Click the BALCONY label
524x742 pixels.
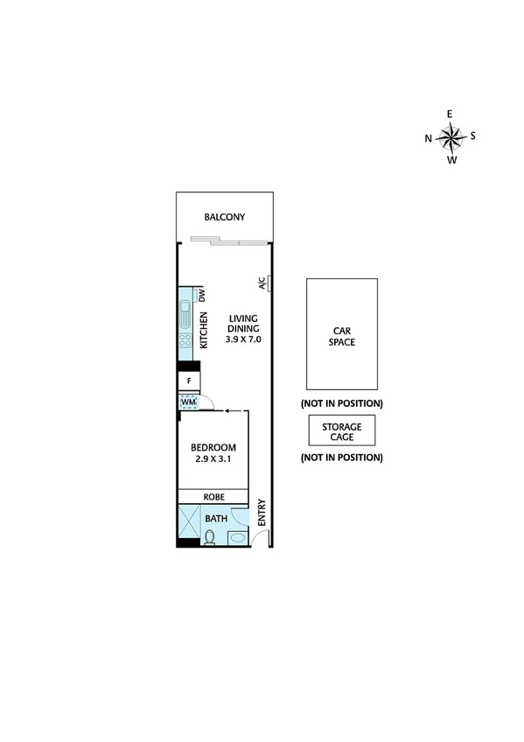224,218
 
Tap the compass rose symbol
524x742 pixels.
451,136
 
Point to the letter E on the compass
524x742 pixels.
451,114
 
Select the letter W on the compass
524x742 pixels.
451,160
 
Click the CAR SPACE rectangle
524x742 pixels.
341,333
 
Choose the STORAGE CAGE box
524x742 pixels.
341,430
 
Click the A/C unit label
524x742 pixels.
262,284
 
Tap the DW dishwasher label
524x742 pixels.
201,295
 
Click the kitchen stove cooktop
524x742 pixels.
186,341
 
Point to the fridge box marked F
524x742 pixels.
190,381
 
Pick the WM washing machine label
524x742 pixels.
189,402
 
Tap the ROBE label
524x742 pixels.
214,496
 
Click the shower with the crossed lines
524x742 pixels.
188,527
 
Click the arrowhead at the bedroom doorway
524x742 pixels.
226,409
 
